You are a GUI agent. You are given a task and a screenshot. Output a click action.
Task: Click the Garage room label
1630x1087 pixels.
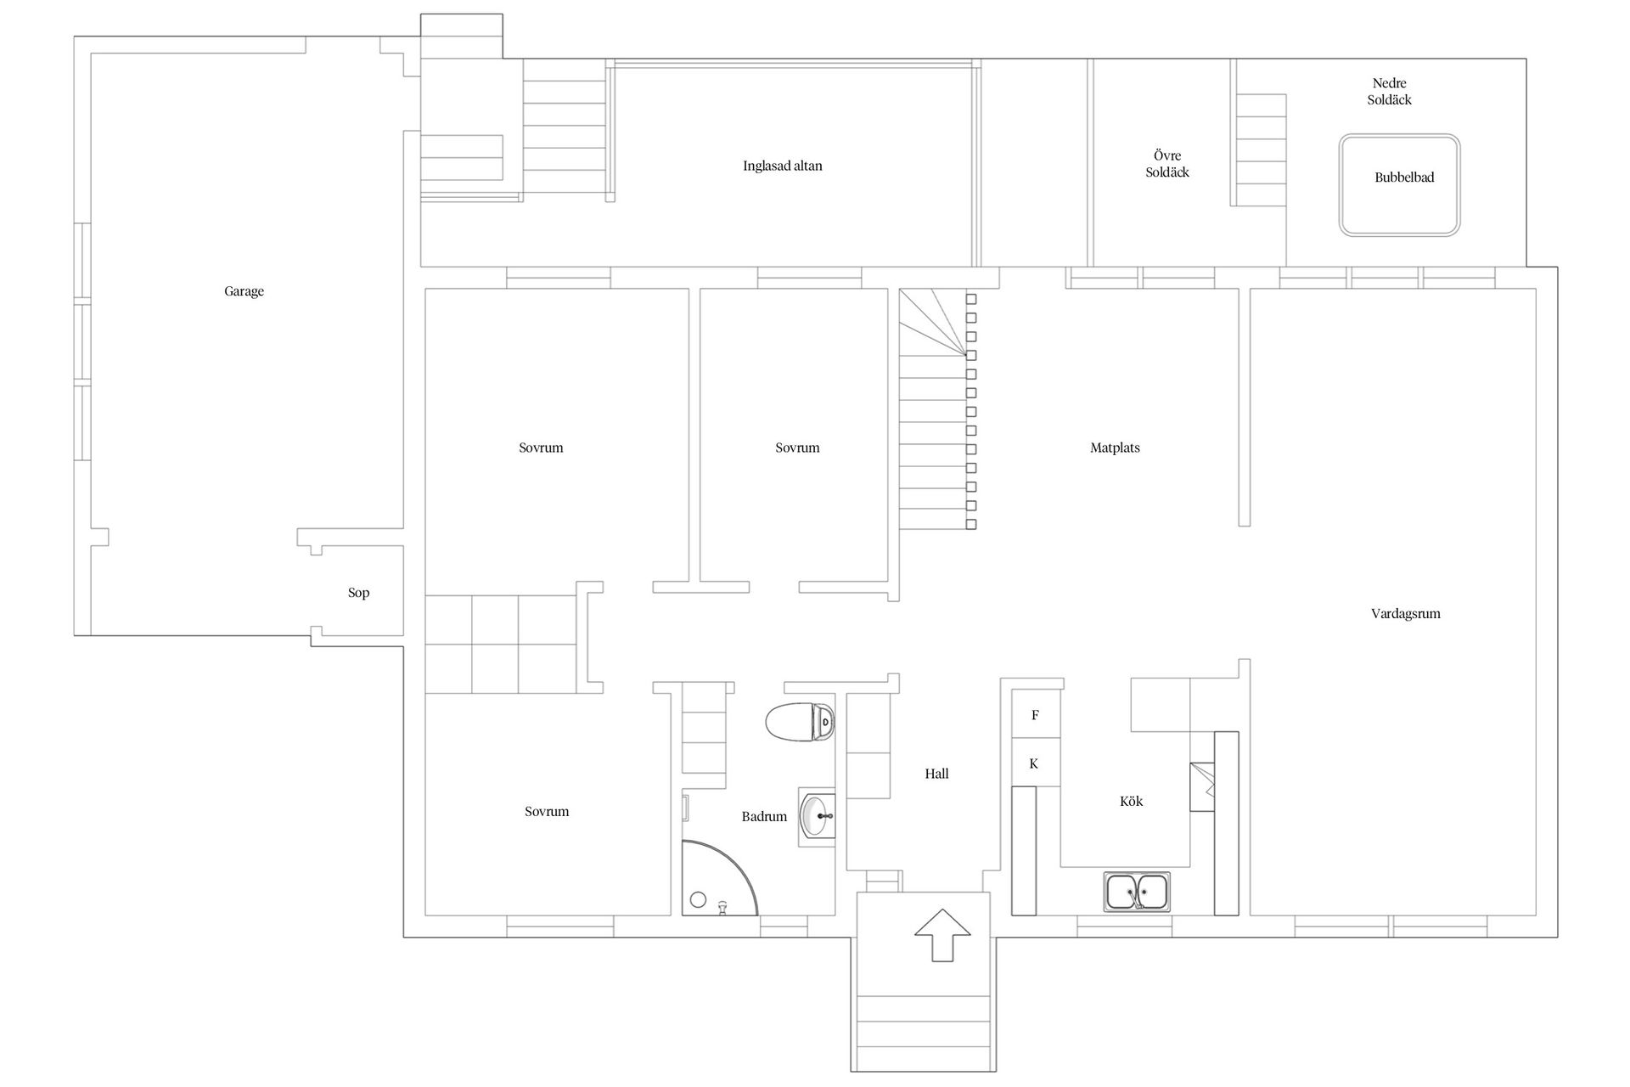point(244,291)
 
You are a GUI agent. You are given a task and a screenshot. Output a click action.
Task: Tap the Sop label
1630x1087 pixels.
point(358,593)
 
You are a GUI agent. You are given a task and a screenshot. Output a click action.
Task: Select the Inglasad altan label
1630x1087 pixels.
point(783,166)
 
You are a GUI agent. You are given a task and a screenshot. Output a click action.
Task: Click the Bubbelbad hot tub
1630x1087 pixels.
point(1399,185)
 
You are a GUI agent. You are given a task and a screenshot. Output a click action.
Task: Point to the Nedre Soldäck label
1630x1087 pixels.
point(1390,92)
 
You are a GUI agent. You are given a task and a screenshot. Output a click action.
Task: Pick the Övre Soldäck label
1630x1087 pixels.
point(1167,164)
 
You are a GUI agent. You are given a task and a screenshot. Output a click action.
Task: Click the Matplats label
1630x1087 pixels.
point(1115,448)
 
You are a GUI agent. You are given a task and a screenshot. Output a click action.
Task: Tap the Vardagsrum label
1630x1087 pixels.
point(1405,613)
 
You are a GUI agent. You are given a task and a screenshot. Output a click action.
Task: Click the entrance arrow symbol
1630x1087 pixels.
point(942,935)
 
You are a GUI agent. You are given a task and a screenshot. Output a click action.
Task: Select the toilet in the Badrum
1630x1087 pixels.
point(800,723)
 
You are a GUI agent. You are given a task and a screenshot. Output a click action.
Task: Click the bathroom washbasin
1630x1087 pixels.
point(818,817)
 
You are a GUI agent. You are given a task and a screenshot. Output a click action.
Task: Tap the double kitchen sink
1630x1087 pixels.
point(1137,893)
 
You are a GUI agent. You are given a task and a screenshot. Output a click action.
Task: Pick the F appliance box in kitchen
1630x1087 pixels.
point(1036,715)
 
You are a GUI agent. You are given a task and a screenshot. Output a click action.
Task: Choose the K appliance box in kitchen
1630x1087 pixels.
point(1036,763)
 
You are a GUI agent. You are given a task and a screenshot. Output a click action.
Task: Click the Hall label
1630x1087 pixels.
point(936,774)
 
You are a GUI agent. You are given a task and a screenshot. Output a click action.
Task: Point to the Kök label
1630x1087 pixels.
point(1131,801)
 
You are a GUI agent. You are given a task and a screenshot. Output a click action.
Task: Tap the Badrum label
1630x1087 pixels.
point(764,817)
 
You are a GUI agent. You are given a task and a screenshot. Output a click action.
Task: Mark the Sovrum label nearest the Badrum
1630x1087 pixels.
point(547,812)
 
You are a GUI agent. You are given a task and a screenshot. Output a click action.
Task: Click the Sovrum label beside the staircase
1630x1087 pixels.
point(797,448)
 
